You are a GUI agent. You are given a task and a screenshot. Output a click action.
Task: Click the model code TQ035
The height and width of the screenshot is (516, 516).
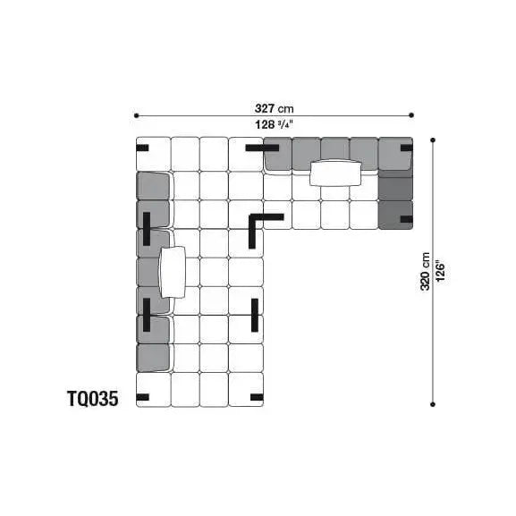[x=93, y=399]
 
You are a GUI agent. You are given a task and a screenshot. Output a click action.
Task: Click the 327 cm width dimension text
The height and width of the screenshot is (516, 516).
[x=275, y=108]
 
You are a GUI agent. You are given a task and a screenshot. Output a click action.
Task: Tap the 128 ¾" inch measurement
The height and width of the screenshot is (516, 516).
[x=274, y=124]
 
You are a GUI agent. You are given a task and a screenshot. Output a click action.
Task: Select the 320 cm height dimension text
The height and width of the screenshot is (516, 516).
[x=425, y=272]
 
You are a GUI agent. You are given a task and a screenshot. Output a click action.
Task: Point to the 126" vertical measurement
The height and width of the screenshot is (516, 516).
[x=440, y=272]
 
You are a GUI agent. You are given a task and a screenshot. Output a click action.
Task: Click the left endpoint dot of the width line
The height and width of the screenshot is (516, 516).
[x=136, y=115]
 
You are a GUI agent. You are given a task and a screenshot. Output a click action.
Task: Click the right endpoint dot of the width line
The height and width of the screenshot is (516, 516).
[x=411, y=114]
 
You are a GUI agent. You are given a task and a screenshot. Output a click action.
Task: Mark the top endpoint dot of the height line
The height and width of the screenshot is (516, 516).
[x=433, y=140]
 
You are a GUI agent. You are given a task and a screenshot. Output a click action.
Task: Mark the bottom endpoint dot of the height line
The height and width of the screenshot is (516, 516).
[x=433, y=404]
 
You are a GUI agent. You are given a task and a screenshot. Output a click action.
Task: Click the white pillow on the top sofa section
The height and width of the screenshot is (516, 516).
[x=335, y=173]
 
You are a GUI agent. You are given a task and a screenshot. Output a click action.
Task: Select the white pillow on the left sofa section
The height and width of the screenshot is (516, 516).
[x=172, y=272]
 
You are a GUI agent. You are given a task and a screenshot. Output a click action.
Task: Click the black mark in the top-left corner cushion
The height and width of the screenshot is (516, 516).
[x=142, y=148]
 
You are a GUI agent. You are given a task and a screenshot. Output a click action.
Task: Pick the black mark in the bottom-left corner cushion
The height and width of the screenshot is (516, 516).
[x=142, y=397]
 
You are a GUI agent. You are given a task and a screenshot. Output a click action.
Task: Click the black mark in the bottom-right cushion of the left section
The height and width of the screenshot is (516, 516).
[x=257, y=397]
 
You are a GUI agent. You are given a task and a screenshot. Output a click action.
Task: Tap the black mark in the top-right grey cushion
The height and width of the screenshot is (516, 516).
[x=406, y=148]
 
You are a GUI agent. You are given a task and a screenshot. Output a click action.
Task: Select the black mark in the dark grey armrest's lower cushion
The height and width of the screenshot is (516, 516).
[x=406, y=219]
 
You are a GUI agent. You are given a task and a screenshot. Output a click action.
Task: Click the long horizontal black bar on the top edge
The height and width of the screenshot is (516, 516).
[x=262, y=148]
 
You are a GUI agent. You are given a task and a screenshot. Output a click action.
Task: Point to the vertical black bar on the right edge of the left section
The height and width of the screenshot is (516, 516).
[x=255, y=315]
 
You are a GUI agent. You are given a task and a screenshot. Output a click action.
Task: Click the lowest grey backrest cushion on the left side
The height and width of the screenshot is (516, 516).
[x=153, y=358]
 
